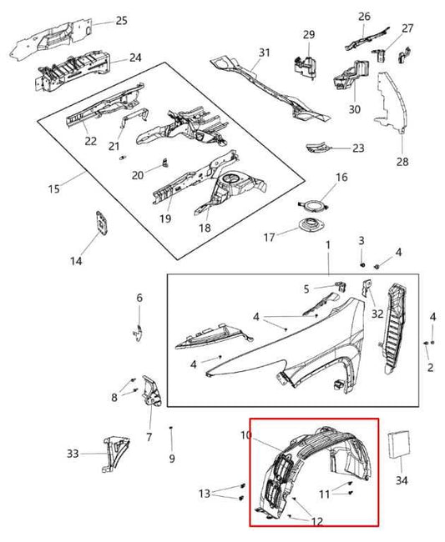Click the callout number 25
(x=122, y=20)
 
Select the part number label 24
(x=135, y=58)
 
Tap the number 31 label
(x=264, y=53)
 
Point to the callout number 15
(x=54, y=189)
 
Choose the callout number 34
(x=402, y=480)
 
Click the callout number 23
(x=358, y=148)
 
